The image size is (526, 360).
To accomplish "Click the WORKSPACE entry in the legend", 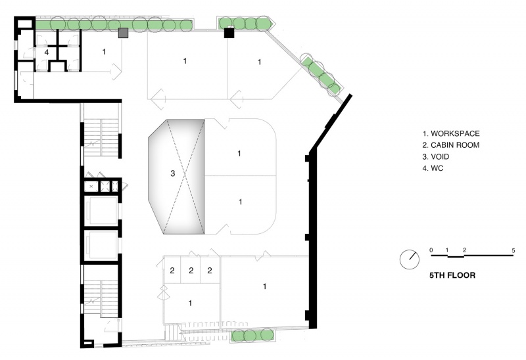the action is coord(451,133).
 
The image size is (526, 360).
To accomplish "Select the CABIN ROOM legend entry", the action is coord(451,145).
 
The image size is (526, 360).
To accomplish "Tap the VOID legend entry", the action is coord(436,156).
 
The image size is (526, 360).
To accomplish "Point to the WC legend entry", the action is coord(433,168).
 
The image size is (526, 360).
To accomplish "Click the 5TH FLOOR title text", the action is coord(452,275).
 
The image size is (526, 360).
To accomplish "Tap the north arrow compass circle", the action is coord(409,259).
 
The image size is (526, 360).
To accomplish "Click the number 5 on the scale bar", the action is coord(514,250).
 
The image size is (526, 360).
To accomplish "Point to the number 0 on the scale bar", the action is coord(431,250).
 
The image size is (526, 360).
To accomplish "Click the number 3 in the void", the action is coord(173,173).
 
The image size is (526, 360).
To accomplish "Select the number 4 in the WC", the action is coord(47,53).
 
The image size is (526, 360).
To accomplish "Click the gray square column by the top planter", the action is coord(124,33).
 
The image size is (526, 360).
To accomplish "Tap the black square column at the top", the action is coord(229,33).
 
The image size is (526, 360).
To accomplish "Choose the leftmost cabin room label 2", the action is coord(172,271).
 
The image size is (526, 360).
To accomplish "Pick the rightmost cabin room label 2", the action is coord(210,270).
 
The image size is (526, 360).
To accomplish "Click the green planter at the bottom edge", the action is coord(252,335).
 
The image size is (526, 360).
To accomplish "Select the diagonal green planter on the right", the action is coord(321,74).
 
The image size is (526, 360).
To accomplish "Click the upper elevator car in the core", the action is coord(101,211).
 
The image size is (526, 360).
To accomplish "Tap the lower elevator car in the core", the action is coord(101,245).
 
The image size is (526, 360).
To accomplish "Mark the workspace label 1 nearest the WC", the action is coord(104,52).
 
